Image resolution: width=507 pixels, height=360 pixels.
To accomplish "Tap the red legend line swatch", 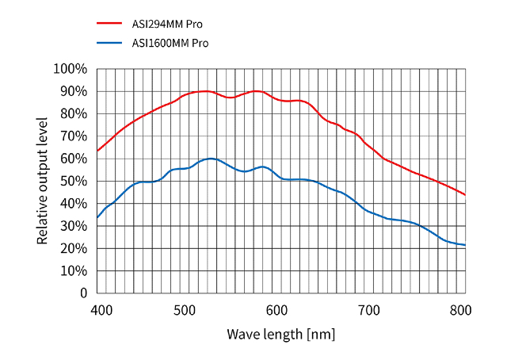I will pyautogui.click(x=109, y=24).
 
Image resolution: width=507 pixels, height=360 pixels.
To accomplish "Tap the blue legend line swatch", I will pyautogui.click(x=109, y=43).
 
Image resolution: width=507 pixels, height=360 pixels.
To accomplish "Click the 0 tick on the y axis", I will pyautogui.click(x=82, y=293).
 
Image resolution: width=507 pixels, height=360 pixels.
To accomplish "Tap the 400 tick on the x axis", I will pyautogui.click(x=100, y=310).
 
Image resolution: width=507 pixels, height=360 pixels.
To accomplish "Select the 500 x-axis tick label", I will pyautogui.click(x=185, y=310).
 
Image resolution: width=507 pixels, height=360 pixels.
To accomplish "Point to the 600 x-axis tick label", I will pyautogui.click(x=276, y=310).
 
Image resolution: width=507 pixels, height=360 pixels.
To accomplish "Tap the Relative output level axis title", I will pyautogui.click(x=43, y=181).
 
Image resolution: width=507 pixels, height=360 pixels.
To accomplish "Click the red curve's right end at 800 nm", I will pyautogui.click(x=465, y=194).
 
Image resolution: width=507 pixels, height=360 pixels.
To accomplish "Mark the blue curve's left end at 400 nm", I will pyautogui.click(x=97, y=217).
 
